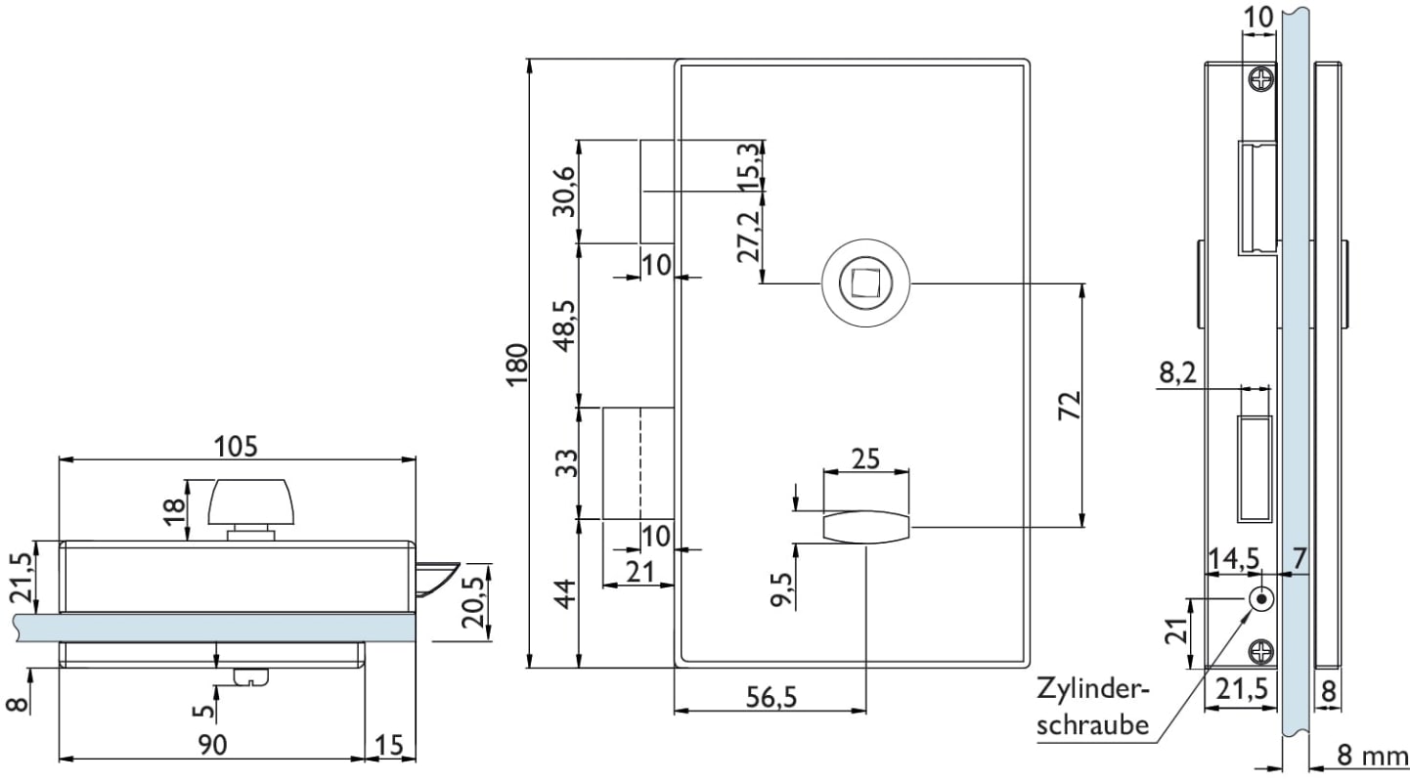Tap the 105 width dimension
pos(237,446)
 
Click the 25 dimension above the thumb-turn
pos(866,456)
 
